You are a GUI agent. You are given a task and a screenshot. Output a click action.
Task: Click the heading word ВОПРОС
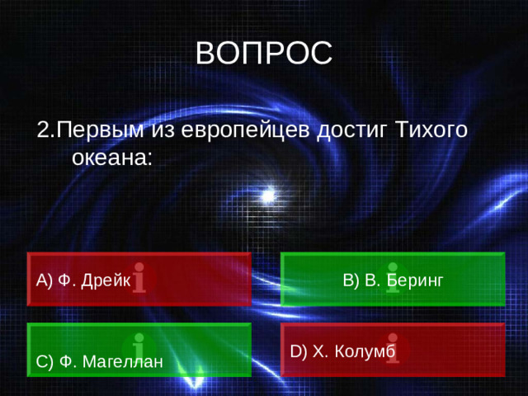click(264, 54)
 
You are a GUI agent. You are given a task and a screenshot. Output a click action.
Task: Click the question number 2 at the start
click(44, 130)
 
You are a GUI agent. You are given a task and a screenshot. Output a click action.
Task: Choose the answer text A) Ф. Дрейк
click(83, 280)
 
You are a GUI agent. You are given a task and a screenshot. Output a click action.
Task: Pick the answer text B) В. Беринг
click(393, 280)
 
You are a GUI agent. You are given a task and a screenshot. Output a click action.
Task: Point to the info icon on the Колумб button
click(393, 346)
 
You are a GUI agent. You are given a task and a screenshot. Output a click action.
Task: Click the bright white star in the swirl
click(267, 196)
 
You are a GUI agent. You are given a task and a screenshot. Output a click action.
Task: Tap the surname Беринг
click(415, 280)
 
